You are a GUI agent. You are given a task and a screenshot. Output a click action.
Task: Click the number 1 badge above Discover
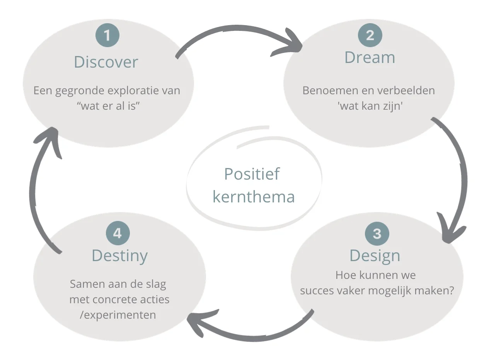(x=107, y=36)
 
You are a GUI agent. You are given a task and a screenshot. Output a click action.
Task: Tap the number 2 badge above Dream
(x=370, y=35)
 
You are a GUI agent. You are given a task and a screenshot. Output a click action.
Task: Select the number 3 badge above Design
(x=377, y=233)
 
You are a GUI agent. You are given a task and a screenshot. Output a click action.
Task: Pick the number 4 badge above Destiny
(x=118, y=233)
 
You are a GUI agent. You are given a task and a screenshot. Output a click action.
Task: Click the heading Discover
(x=106, y=62)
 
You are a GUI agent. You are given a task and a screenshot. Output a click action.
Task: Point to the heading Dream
(x=370, y=58)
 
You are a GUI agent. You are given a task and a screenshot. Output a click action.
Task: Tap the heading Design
(x=375, y=256)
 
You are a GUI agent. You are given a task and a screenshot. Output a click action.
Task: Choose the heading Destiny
(x=119, y=256)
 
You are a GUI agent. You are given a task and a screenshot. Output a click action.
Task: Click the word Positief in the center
(x=252, y=174)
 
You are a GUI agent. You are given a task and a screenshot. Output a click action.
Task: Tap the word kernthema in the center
(x=254, y=197)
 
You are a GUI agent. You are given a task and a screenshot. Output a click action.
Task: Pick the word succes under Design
(x=317, y=290)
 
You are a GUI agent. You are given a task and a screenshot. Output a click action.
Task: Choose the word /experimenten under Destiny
(x=118, y=315)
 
